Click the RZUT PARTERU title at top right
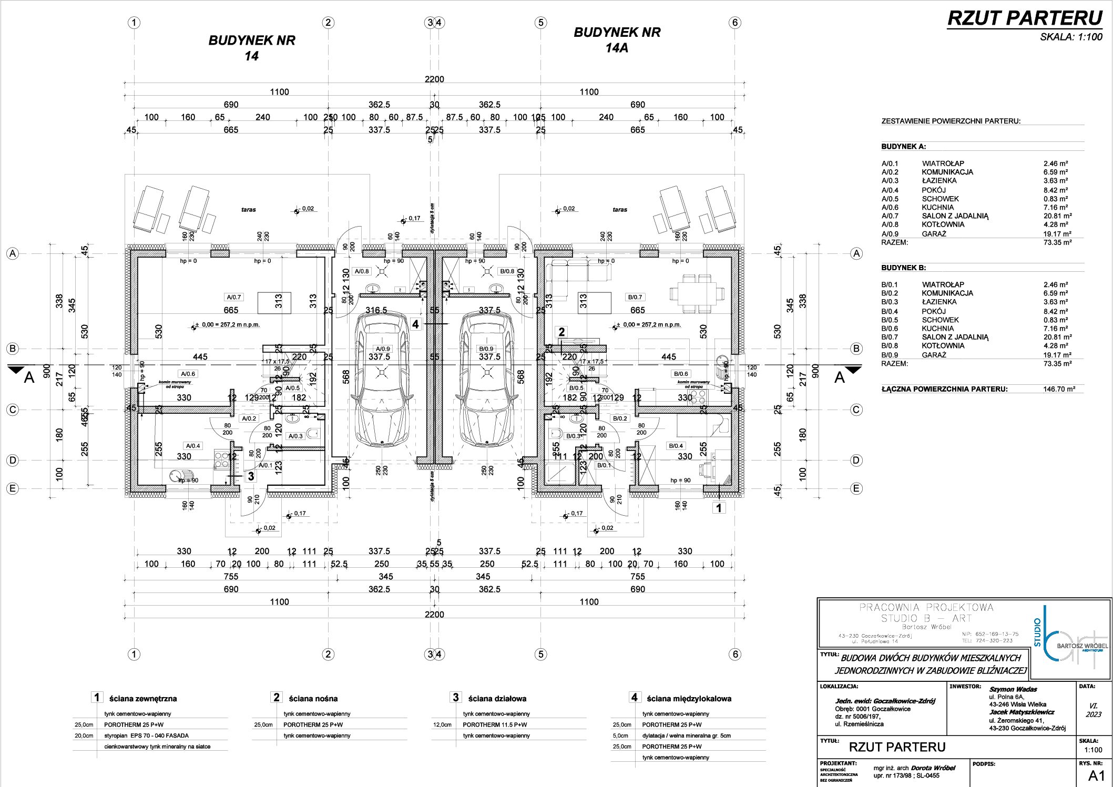pos(1024,18)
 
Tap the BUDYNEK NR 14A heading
pos(617,40)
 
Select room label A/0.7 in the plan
pos(233,297)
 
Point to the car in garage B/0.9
pos(486,379)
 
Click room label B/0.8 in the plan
pos(507,271)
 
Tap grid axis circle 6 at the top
pos(736,23)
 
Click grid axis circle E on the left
pos(13,488)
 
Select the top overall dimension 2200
pos(434,79)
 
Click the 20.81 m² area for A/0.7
pos(1057,216)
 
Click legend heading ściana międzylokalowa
pos(689,699)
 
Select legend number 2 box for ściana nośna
pos(277,697)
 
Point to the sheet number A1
pos(1096,775)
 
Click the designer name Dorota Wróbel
pos(933,768)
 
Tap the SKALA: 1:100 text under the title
pos(1071,37)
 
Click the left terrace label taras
pos(249,210)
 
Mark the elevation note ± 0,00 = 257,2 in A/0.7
pos(229,325)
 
